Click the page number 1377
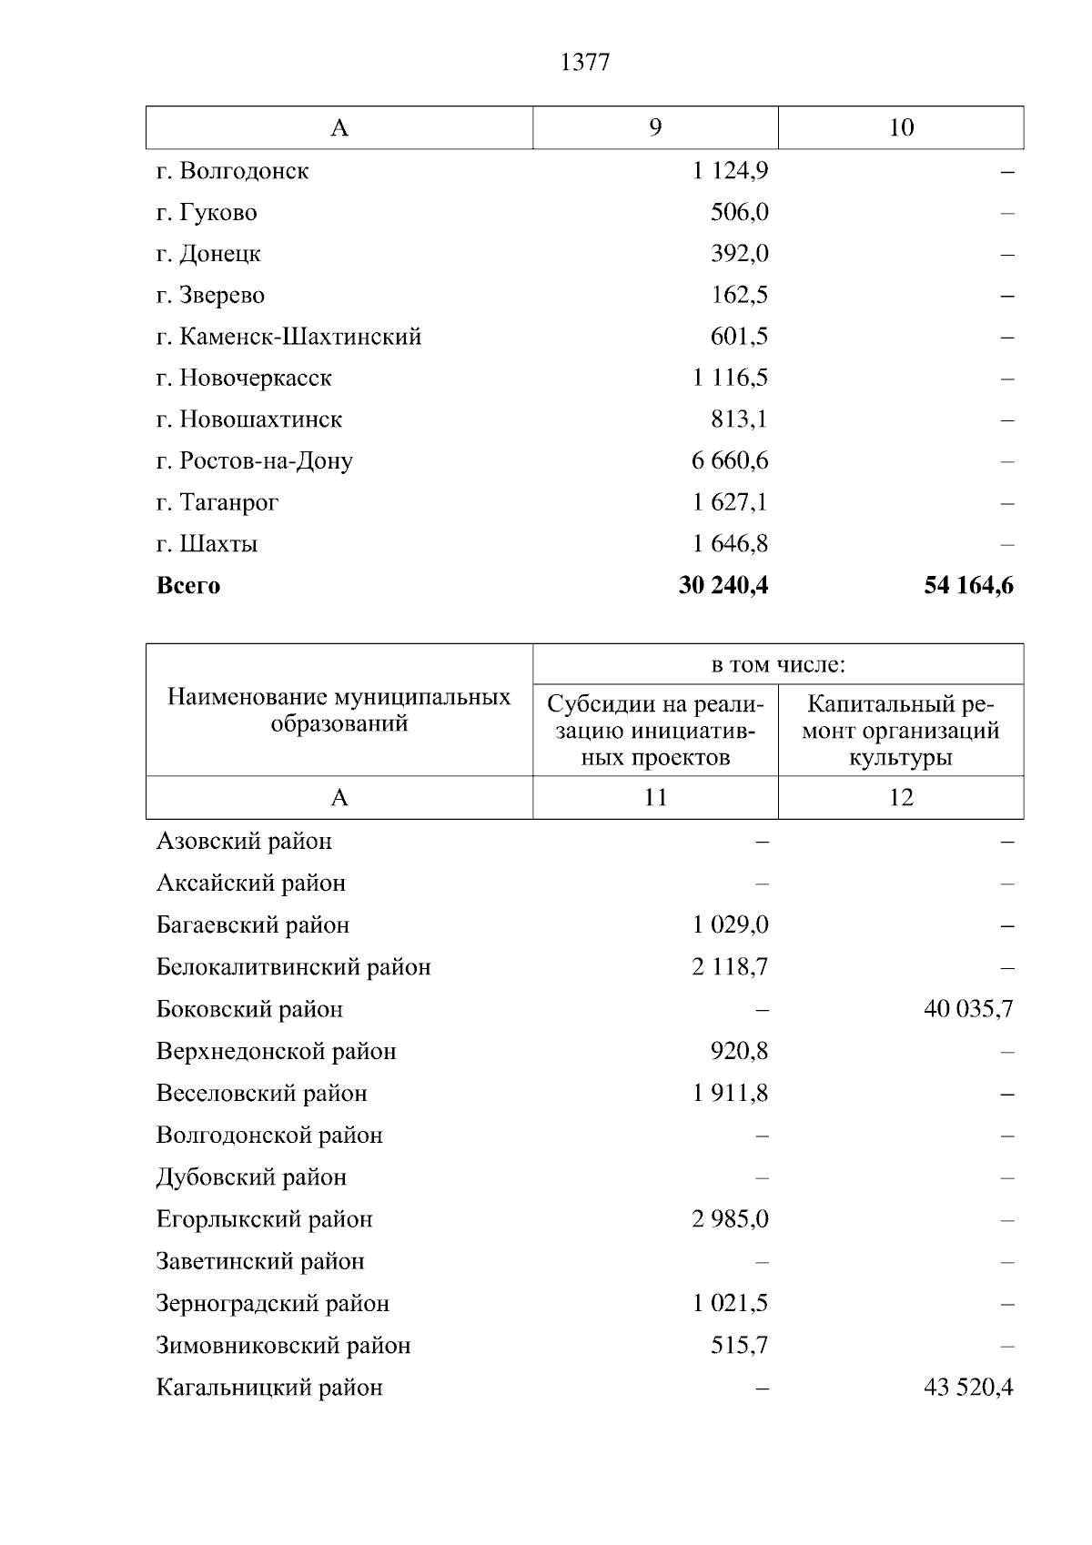pos(584,63)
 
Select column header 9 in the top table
pos(655,127)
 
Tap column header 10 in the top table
pos(900,127)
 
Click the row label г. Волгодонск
pos(232,171)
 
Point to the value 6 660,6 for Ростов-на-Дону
pos(730,460)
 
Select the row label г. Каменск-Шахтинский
pos(288,337)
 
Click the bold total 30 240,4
pos(723,585)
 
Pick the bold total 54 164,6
pos(968,585)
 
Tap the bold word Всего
pos(188,585)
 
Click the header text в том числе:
pos(778,665)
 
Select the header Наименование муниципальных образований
pos(339,711)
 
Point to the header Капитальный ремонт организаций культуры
pos(900,731)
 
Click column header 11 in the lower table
pos(655,798)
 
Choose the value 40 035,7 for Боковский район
pos(968,1009)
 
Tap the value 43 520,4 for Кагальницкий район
pos(968,1388)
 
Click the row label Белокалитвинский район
pos(293,967)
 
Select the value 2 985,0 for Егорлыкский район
pos(730,1219)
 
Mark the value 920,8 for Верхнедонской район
pos(739,1052)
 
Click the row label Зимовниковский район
pos(283,1346)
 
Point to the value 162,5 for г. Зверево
pos(739,295)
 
